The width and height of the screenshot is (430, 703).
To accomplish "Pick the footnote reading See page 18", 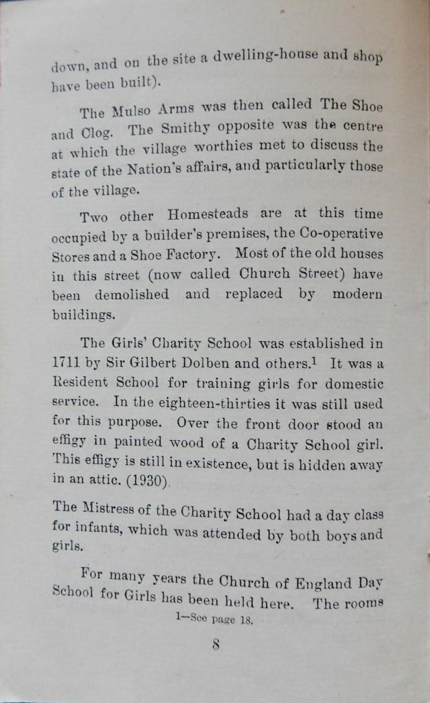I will [214, 619].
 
